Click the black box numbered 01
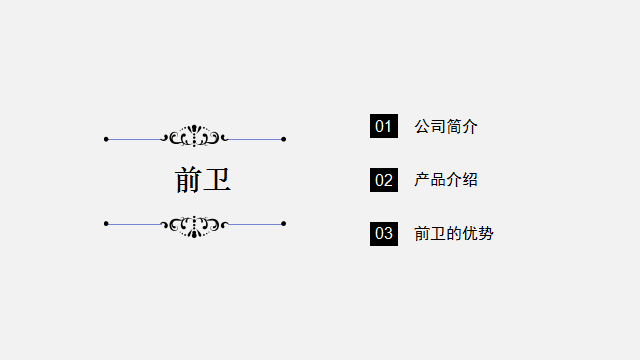point(384,126)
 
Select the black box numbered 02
point(384,180)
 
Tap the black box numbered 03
point(384,234)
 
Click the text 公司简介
point(446,126)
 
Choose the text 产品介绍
point(446,180)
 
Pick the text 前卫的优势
point(454,234)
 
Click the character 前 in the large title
point(189,180)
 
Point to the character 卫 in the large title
point(218,180)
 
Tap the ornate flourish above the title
point(195,137)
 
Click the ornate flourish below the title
point(195,225)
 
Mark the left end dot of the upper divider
point(106,139)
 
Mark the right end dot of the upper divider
point(284,139)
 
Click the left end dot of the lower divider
point(106,223)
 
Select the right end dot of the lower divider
point(284,223)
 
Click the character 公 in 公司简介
point(422,126)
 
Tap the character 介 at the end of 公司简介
point(470,126)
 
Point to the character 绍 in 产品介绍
point(470,180)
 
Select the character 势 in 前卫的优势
point(486,234)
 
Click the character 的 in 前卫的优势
point(454,234)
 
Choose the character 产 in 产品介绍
point(422,180)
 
